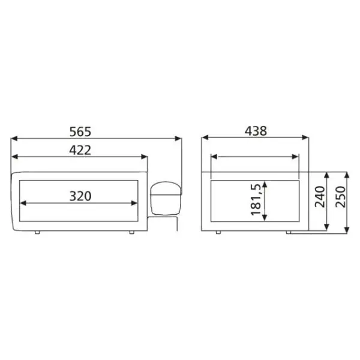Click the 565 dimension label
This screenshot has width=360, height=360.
click(80, 132)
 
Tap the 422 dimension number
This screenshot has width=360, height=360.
click(80, 150)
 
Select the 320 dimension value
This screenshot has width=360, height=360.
click(80, 196)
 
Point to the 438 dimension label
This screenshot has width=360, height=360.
click(256, 131)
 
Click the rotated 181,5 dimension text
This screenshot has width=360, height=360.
click(256, 199)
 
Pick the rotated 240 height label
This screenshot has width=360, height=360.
click(320, 197)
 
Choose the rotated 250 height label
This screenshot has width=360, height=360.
click(340, 197)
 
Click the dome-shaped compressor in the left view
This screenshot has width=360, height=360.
click(166, 199)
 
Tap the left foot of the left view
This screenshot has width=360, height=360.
click(37, 232)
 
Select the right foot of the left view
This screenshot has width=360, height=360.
click(131, 232)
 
